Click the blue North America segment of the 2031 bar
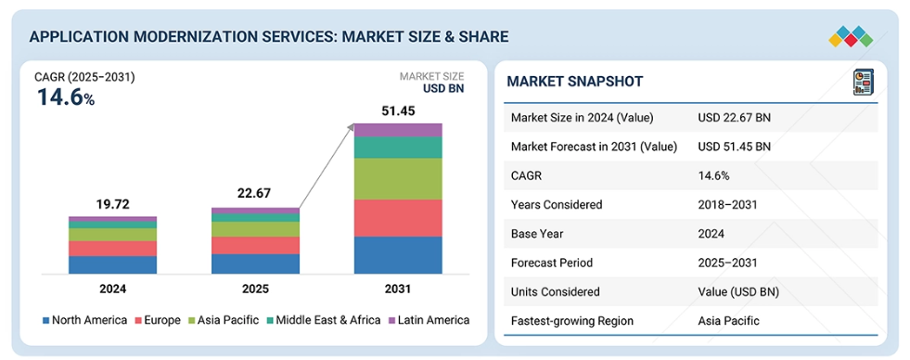tap(398, 255)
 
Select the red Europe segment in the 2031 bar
tap(398, 218)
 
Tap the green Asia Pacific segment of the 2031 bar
tap(398, 179)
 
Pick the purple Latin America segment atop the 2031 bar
tap(398, 130)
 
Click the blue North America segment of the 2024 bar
tap(112, 264)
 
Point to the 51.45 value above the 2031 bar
tap(398, 111)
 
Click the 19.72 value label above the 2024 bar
tap(112, 204)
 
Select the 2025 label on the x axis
tap(255, 289)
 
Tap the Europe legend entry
tap(158, 320)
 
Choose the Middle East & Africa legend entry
tap(323, 320)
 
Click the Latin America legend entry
tap(429, 320)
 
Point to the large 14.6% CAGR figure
tap(66, 97)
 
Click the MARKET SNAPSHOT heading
tap(574, 82)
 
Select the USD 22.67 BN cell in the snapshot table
tap(734, 118)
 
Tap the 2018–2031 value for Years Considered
tap(727, 204)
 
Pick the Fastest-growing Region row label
tap(572, 320)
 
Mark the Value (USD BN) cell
tap(738, 291)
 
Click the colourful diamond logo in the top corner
tap(851, 36)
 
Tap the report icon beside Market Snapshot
tap(864, 82)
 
